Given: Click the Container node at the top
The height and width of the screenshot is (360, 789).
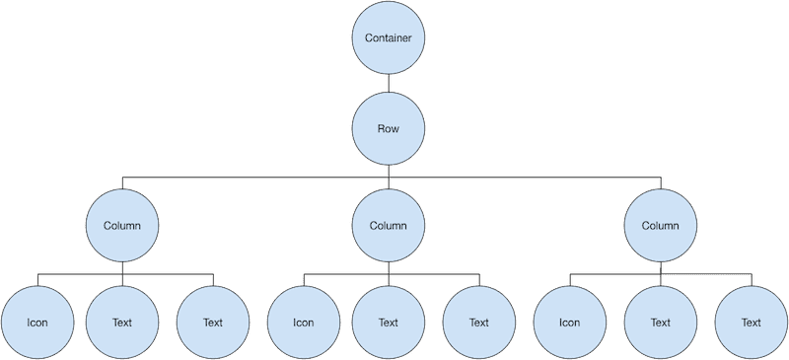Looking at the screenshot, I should pos(389,39).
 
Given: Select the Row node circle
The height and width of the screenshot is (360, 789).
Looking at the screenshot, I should pos(389,129).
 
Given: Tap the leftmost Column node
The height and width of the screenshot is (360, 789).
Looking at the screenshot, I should pos(122,225).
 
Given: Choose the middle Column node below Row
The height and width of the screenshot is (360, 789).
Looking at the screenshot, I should pos(389,225).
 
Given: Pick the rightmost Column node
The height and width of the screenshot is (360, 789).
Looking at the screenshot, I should pos(661,225).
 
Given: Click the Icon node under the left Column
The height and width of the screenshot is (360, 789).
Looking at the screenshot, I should pos(36,322).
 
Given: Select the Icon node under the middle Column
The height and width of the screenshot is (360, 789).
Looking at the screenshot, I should pos(303,322).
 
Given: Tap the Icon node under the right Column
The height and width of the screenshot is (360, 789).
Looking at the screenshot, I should pos(569,322).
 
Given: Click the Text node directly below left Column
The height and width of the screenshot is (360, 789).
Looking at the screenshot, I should pos(122,322).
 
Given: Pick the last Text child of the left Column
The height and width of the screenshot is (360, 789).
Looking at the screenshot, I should pos(213,322).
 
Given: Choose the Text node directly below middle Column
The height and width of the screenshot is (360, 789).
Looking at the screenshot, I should pos(389,322).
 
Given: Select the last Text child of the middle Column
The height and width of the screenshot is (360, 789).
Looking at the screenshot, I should pos(479,322).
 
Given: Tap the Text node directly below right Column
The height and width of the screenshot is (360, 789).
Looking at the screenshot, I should pos(661,322).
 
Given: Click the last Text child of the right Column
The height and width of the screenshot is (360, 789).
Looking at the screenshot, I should pos(752,322).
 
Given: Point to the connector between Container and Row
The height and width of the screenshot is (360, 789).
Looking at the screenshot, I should pos(389,85).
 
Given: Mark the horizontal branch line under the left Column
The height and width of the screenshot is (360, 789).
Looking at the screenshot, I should pos(79,273).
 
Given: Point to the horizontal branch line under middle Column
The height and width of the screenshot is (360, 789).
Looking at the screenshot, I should pos(345,273).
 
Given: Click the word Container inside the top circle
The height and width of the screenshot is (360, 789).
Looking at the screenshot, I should pos(389,39).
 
